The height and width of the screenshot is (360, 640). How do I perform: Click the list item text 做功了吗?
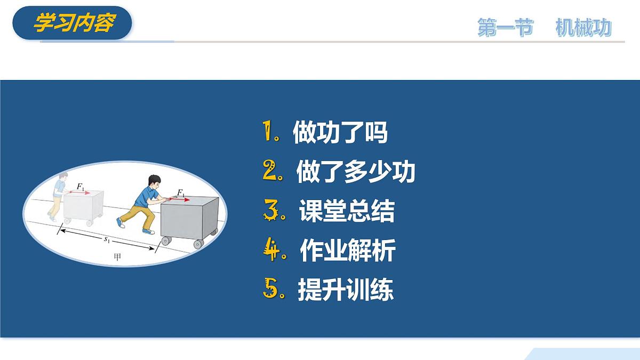tap(340, 132)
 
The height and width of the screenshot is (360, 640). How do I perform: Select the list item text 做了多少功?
tap(356, 172)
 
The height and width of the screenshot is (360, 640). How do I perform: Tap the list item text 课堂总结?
tap(347, 211)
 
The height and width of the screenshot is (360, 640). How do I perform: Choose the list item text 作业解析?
tap(347, 250)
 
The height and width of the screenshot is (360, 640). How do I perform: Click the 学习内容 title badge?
tap(73, 23)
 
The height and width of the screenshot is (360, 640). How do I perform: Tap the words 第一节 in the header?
tap(505, 28)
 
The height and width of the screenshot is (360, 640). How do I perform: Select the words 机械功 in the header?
tap(583, 28)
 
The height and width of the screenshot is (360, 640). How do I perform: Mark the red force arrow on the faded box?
tap(78, 193)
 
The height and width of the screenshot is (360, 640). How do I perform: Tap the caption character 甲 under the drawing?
tap(118, 257)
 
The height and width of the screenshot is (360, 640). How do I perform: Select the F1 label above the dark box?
tap(181, 192)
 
